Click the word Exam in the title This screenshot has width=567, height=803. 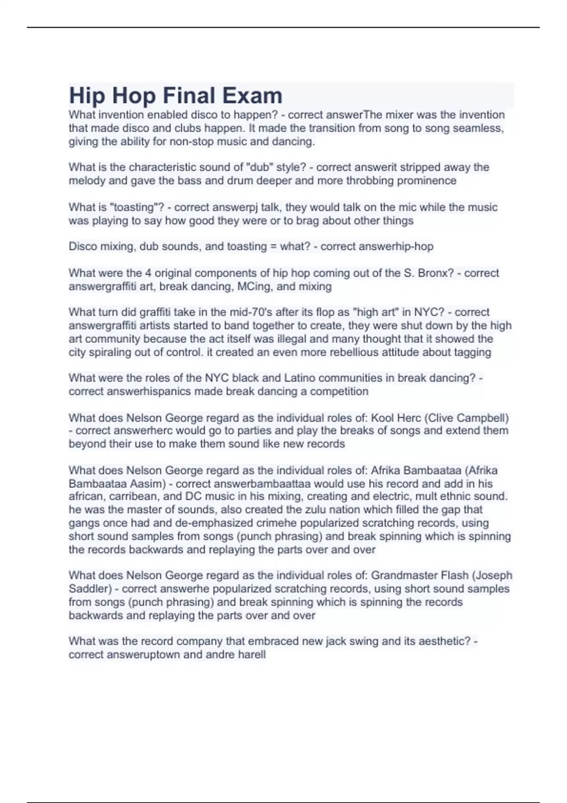coord(252,96)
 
